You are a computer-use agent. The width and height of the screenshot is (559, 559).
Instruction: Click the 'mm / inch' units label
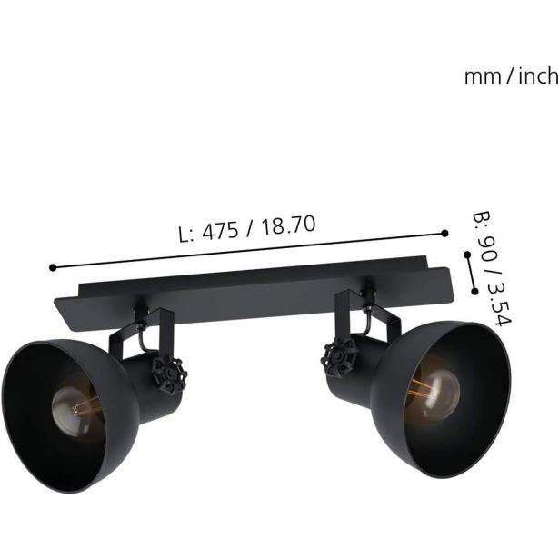(x=511, y=76)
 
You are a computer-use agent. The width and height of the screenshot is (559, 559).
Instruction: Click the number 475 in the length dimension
(x=220, y=231)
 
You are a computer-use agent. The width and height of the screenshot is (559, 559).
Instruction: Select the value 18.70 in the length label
(x=288, y=225)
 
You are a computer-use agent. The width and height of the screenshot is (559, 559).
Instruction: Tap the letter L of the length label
(x=185, y=235)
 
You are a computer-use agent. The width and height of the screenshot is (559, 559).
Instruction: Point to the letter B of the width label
(x=481, y=221)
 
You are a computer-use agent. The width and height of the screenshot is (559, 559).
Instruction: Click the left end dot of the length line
(x=53, y=267)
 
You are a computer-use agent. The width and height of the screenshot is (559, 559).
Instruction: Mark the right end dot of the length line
(x=444, y=234)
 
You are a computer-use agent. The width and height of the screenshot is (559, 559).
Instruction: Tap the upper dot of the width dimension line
(x=467, y=255)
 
